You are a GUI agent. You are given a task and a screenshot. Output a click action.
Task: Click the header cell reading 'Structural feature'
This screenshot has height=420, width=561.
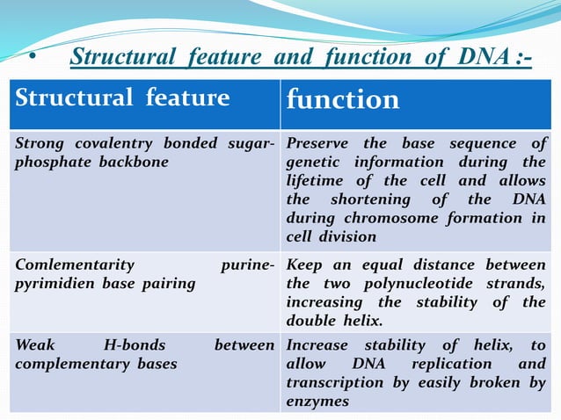(x=122, y=98)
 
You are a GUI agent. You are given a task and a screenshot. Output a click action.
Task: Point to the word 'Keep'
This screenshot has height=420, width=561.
(x=305, y=264)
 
